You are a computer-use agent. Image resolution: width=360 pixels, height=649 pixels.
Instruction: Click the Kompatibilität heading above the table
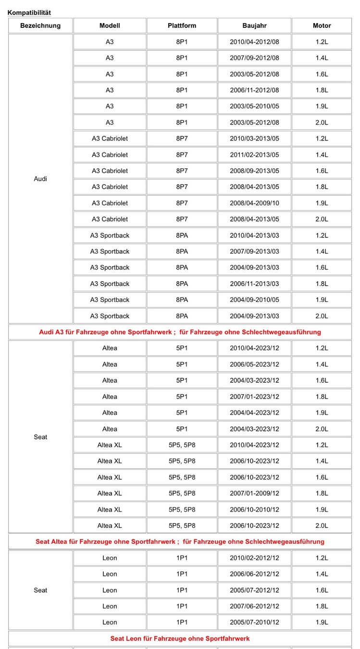coord(29,12)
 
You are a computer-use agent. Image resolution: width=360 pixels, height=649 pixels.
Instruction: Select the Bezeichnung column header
coord(40,25)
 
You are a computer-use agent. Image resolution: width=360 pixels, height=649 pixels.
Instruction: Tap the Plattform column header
coord(182,25)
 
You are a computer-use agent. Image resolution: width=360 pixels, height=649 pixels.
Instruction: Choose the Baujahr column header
coord(254,25)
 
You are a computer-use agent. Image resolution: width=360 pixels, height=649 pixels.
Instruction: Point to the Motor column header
coord(322,25)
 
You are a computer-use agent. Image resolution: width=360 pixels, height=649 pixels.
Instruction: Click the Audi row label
coord(40,179)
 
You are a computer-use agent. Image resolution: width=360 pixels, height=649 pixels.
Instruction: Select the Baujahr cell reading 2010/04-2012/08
coord(254,42)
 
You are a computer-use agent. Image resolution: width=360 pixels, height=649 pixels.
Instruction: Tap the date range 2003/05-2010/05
coord(254,106)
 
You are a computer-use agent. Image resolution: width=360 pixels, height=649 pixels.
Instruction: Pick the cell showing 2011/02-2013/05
coord(254,155)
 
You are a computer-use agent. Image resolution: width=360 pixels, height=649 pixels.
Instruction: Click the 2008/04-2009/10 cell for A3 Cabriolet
coord(254,203)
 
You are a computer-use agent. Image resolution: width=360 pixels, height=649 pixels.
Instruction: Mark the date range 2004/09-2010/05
coord(254,300)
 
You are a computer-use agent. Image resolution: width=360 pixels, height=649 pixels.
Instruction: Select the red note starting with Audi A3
coord(180,332)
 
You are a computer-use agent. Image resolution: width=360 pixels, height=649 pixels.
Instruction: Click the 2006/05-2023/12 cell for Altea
coord(254,364)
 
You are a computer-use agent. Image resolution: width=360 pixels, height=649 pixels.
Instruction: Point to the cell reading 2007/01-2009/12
coord(254,493)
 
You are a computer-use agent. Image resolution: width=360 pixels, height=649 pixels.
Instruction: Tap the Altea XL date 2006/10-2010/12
coord(254,510)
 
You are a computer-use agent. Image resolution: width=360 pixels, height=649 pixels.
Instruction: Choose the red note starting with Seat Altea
coord(180,541)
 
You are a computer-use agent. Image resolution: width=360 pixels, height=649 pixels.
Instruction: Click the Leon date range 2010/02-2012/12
coord(254,558)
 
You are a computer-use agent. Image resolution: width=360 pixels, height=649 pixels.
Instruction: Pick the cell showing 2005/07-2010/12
coord(254,622)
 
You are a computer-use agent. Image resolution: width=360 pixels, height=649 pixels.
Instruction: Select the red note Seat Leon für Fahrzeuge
coord(180,638)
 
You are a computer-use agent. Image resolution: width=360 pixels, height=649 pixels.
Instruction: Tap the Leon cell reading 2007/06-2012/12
coord(254,606)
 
